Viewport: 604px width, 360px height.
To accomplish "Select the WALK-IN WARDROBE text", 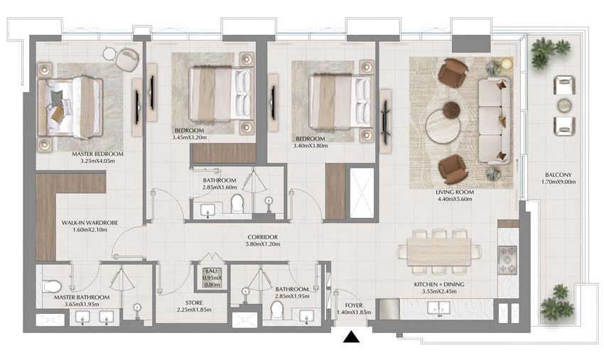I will click(x=90, y=223).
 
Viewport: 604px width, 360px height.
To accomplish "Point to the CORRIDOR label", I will click(x=262, y=237).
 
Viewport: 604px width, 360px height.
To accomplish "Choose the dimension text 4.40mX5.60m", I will click(x=455, y=200).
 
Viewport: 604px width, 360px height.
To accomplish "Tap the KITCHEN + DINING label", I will click(x=438, y=283).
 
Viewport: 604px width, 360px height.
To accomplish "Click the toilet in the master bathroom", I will click(x=52, y=287).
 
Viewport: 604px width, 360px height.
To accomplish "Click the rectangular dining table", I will click(x=438, y=251).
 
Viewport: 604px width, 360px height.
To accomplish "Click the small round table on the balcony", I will click(x=563, y=105).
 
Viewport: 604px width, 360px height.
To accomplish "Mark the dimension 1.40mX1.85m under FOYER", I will click(x=353, y=313).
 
